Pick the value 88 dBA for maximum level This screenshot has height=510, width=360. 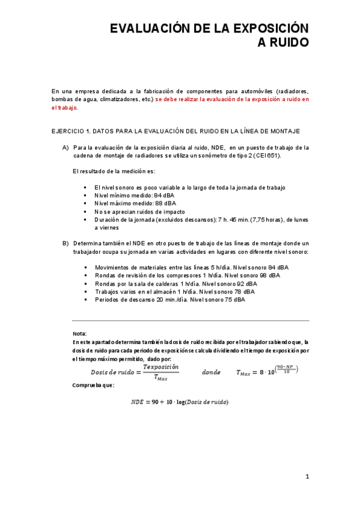166,203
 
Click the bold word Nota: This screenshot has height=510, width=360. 79,334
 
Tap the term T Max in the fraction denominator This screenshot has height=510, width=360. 160,378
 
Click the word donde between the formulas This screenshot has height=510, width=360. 211,372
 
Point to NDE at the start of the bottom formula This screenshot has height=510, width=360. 138,402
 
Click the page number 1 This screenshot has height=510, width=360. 307,477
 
